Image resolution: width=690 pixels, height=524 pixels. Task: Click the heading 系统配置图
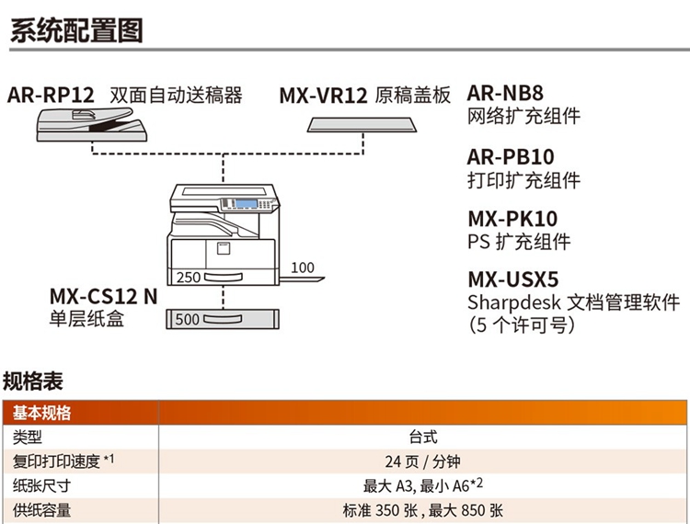point(75,29)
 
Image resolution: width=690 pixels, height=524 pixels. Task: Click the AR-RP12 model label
point(52,95)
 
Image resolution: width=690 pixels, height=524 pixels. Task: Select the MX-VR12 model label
point(323,96)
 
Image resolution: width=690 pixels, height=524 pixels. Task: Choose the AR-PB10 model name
point(511,157)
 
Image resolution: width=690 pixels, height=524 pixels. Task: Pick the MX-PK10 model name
point(512,219)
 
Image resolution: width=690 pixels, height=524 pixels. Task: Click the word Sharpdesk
point(512,302)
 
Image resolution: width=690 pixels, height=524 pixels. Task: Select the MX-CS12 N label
point(104,297)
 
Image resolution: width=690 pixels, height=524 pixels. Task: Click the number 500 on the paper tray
point(187,320)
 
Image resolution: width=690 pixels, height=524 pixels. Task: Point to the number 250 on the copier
point(188,277)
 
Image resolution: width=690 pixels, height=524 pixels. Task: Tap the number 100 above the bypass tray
point(302,268)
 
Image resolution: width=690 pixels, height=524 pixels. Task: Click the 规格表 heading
point(33,381)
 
